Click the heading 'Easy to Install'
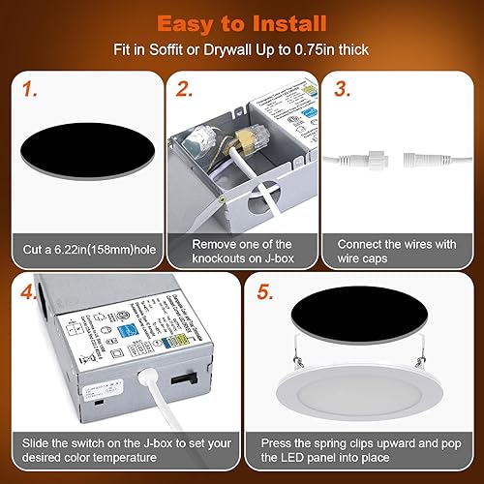coord(242,22)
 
